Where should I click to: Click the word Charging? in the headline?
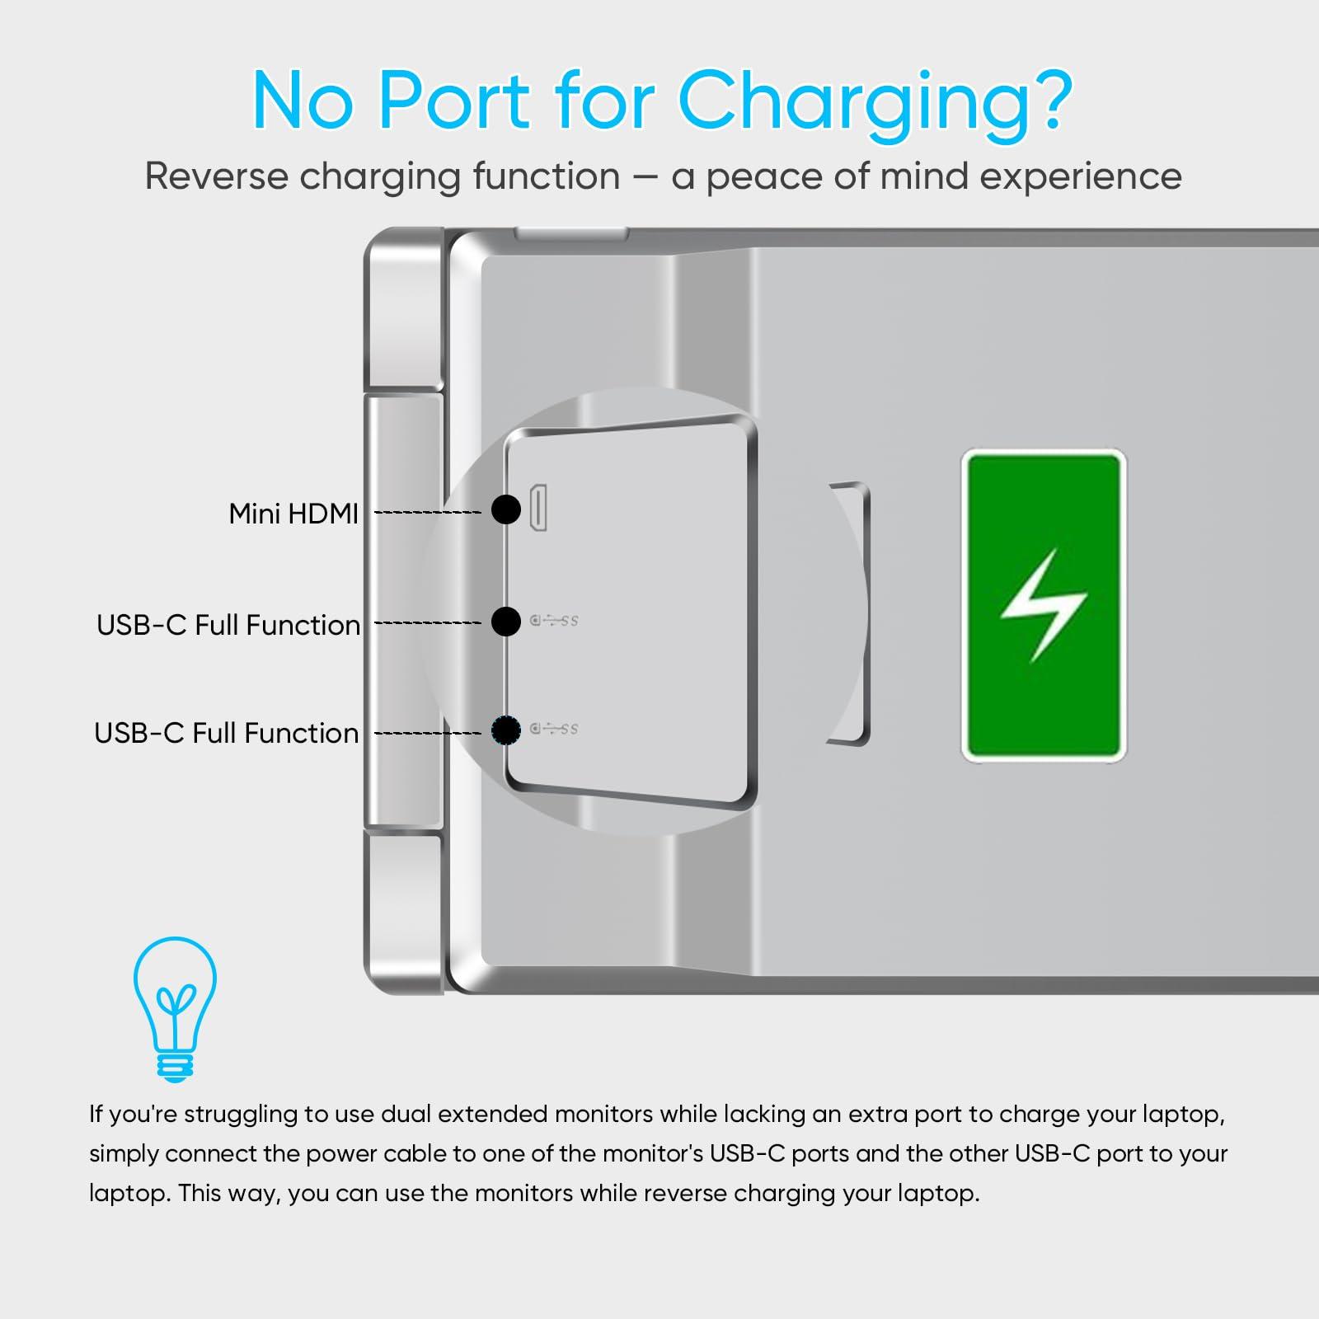(x=875, y=102)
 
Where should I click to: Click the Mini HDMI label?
(x=293, y=514)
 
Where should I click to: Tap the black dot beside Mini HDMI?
(x=505, y=509)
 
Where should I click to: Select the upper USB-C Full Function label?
(x=228, y=626)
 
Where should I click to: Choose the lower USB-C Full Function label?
(x=227, y=733)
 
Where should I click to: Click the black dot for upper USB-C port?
(x=505, y=621)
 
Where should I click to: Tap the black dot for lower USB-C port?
(x=505, y=730)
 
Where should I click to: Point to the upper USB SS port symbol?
(x=554, y=620)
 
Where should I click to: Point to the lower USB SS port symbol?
(x=554, y=729)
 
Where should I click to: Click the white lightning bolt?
(x=1044, y=606)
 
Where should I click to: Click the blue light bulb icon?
(x=175, y=1009)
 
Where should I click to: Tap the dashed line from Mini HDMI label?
(x=428, y=513)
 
